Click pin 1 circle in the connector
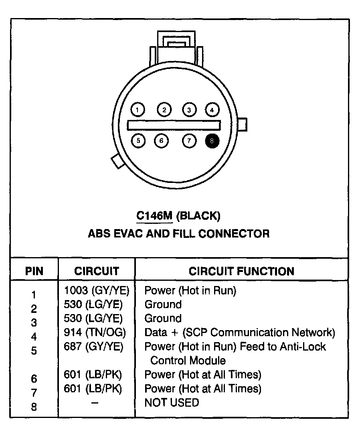(x=138, y=110)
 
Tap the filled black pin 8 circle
(x=212, y=140)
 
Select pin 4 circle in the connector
(x=212, y=110)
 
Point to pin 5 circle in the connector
(x=138, y=140)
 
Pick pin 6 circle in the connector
(x=161, y=140)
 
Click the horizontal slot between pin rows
(x=174, y=125)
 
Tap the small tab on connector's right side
(x=242, y=124)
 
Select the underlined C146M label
(x=154, y=216)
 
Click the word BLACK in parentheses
(x=198, y=216)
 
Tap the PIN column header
(x=34, y=271)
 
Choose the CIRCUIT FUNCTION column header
(x=241, y=271)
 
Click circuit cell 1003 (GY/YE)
(x=97, y=290)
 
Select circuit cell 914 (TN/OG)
(x=95, y=333)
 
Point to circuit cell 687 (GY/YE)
(x=93, y=347)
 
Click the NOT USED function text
(x=172, y=402)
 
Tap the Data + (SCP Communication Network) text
(x=239, y=333)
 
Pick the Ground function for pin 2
(x=163, y=304)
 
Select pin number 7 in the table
(x=34, y=392)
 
